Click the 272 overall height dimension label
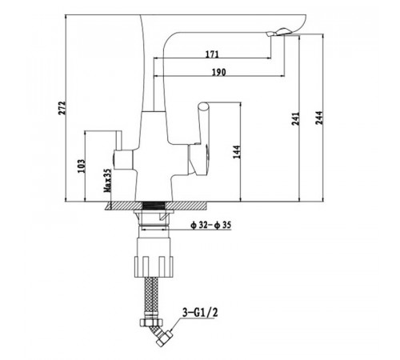click(62, 108)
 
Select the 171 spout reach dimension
click(212, 54)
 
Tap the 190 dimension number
click(218, 72)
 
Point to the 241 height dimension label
click(295, 118)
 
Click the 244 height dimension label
click(319, 118)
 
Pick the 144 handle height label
click(237, 152)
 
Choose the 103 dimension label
click(82, 166)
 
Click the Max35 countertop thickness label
click(107, 181)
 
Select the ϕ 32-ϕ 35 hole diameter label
click(210, 225)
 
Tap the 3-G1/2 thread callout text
click(200, 312)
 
